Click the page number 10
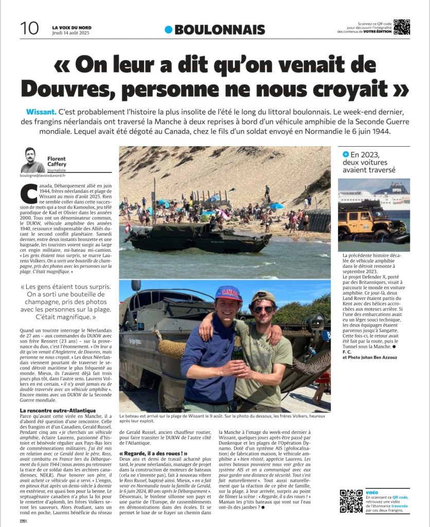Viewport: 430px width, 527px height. (x=29, y=28)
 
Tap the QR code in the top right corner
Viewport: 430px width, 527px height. (x=402, y=27)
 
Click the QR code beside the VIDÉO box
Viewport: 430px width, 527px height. (x=351, y=501)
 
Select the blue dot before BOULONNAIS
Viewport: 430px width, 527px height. (x=168, y=30)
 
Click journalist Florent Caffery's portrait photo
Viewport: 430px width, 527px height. (x=33, y=161)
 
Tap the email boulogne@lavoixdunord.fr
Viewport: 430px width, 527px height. (x=47, y=175)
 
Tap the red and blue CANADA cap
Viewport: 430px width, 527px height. (x=228, y=294)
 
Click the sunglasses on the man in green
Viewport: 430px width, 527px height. (x=264, y=309)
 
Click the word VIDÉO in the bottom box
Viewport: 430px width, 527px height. (x=373, y=493)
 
